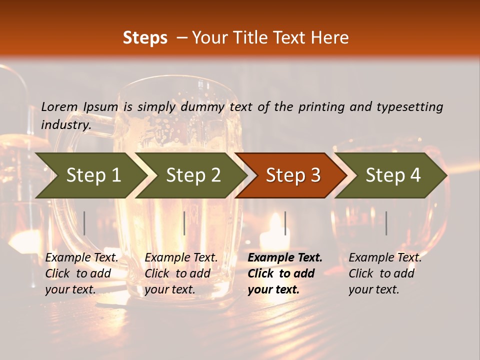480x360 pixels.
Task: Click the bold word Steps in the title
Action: (145, 38)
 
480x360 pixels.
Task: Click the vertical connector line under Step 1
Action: (84, 223)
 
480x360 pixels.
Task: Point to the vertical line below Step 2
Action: (184, 223)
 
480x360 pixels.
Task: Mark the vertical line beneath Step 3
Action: (285, 223)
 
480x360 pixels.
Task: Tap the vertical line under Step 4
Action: (386, 223)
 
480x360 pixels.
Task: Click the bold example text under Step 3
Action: (285, 273)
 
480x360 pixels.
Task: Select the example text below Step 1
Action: (81, 273)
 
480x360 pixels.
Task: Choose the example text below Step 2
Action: (181, 273)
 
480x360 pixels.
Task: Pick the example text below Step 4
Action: (385, 273)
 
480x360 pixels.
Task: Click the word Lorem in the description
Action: (59, 106)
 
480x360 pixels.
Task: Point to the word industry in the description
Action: (66, 125)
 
